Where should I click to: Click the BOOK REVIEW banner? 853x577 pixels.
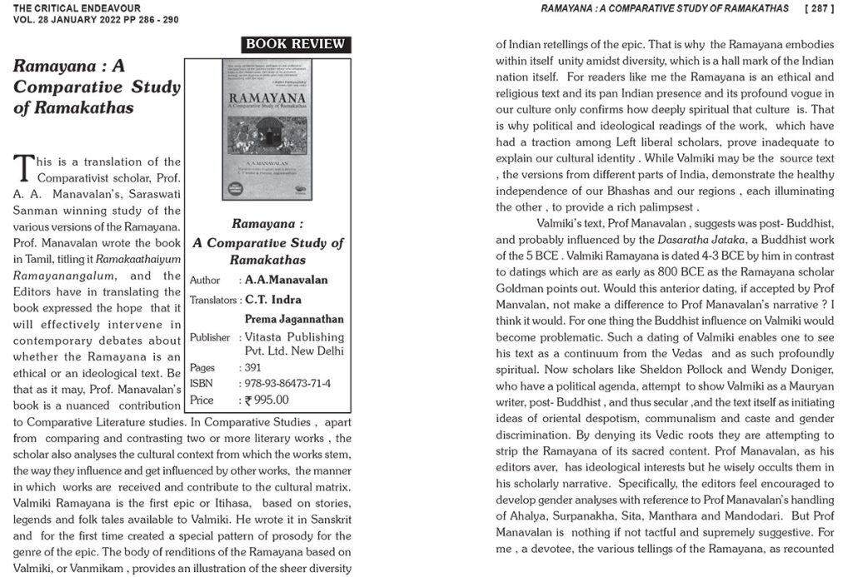pyautogui.click(x=295, y=45)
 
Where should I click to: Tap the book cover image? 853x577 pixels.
pyautogui.click(x=267, y=130)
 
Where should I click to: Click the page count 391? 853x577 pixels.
pyautogui.click(x=253, y=367)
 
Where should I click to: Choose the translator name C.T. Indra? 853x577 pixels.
pyautogui.click(x=273, y=300)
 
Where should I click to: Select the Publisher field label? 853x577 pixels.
pyautogui.click(x=209, y=337)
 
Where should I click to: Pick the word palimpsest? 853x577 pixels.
pyautogui.click(x=663, y=207)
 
